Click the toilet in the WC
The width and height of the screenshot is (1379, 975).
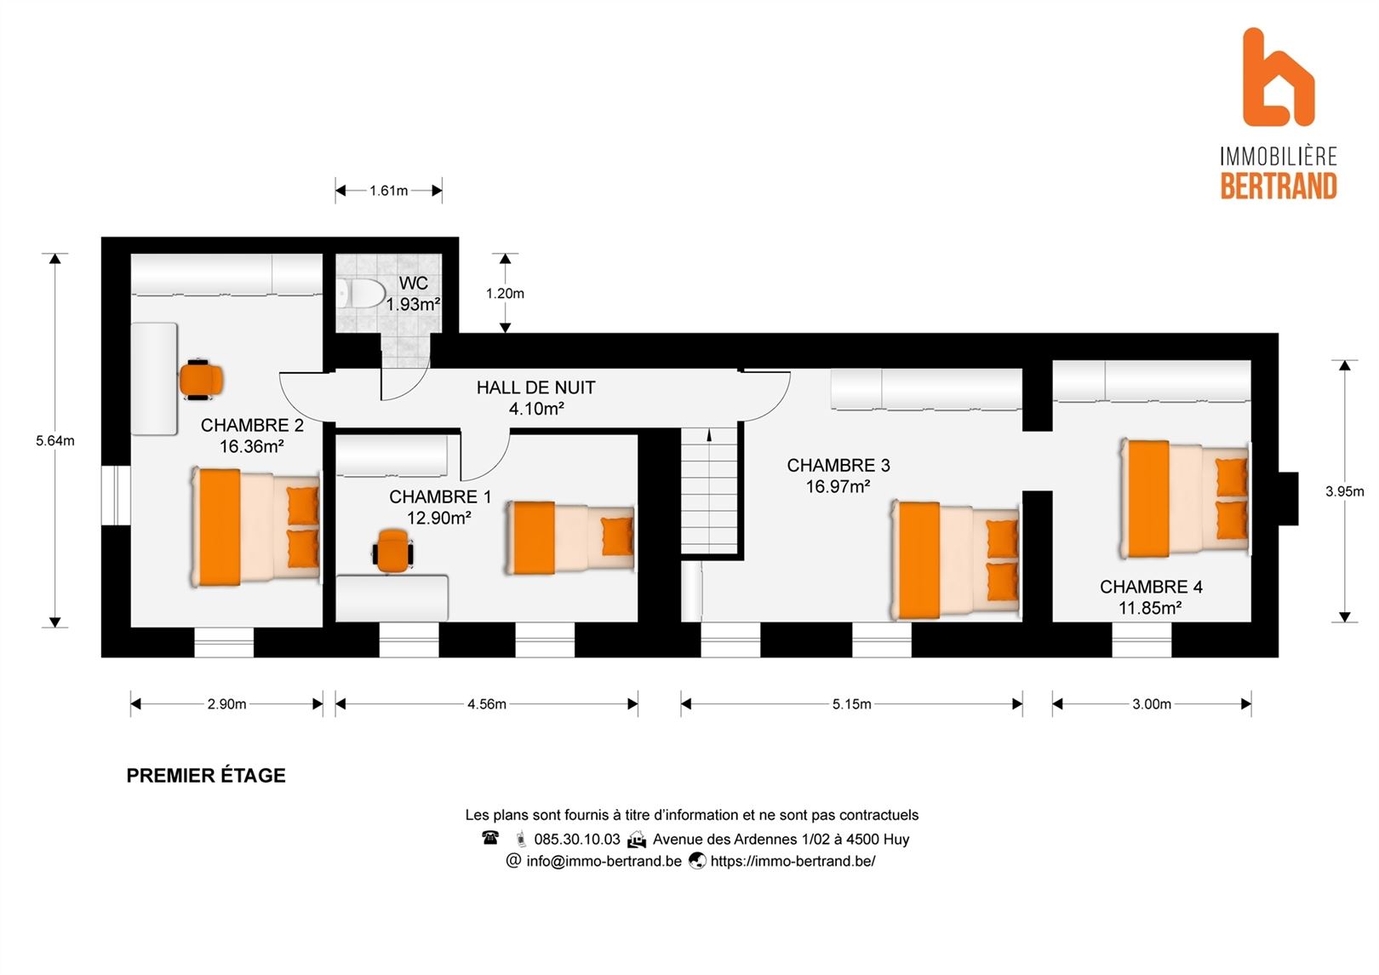click(x=361, y=293)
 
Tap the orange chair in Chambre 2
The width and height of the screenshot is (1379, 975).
click(x=201, y=380)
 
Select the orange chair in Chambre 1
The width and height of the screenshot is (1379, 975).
click(x=392, y=551)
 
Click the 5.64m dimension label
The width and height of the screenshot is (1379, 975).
click(x=54, y=441)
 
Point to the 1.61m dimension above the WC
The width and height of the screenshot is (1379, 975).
click(x=388, y=191)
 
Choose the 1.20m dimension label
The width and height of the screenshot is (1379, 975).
click(x=505, y=294)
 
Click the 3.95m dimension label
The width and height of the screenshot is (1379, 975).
click(x=1345, y=491)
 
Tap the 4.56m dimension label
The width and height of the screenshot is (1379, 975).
click(x=486, y=704)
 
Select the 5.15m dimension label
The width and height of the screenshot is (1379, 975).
click(x=851, y=704)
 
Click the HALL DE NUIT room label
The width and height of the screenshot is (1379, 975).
click(x=535, y=388)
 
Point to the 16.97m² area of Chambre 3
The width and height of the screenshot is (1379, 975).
click(x=838, y=486)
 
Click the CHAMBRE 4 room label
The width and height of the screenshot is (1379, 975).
click(x=1151, y=587)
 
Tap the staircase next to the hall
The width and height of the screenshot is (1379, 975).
click(x=709, y=490)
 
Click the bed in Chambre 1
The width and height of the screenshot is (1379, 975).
click(x=570, y=537)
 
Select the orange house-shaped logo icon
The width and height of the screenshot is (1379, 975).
click(x=1278, y=77)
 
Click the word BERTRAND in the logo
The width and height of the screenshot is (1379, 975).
click(x=1279, y=186)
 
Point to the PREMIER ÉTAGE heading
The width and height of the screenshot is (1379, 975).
click(x=206, y=776)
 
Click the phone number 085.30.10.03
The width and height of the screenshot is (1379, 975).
click(x=577, y=839)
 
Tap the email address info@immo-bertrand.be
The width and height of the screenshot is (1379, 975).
click(x=604, y=861)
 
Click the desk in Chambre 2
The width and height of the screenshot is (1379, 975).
click(x=154, y=379)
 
